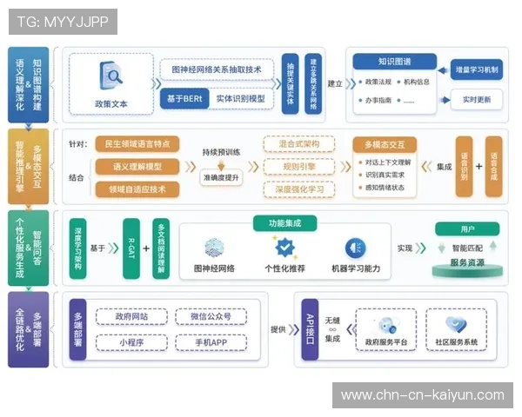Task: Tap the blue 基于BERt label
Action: pos(183,99)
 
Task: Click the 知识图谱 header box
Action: pos(394,62)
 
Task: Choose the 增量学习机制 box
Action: pos(477,69)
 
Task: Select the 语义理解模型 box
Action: pos(137,166)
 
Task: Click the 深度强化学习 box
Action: pos(298,189)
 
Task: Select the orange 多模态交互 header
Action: pos(386,144)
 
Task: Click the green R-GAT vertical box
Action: pos(130,248)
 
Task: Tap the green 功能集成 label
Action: pos(284,223)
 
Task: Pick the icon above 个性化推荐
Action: pos(284,248)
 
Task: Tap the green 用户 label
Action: pos(467,228)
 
